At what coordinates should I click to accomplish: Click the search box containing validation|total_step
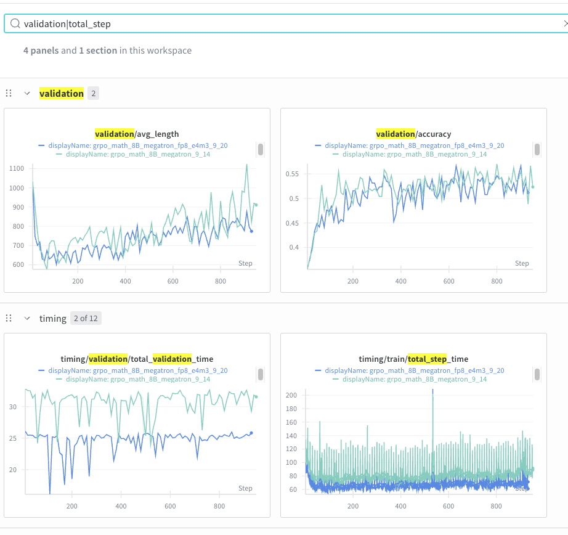click(x=283, y=24)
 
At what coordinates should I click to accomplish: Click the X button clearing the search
click(x=566, y=24)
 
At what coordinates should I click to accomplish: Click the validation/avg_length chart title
click(x=137, y=134)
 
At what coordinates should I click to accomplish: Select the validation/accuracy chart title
click(x=413, y=134)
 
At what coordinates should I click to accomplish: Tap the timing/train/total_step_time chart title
click(x=413, y=359)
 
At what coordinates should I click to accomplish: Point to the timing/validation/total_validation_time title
click(x=137, y=359)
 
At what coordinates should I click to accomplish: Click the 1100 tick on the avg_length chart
click(x=17, y=168)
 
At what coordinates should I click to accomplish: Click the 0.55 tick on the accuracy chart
click(x=292, y=174)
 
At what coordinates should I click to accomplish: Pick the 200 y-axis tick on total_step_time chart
click(x=291, y=395)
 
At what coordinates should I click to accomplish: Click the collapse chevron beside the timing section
click(x=27, y=319)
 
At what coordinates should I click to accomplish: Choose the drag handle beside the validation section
click(x=9, y=94)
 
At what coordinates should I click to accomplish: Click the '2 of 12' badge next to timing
click(x=86, y=319)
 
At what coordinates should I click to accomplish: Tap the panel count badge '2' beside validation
click(x=93, y=94)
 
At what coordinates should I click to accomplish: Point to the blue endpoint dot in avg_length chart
click(x=251, y=231)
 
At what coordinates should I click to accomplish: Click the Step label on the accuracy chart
click(x=522, y=263)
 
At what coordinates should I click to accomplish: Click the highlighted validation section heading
click(x=62, y=94)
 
